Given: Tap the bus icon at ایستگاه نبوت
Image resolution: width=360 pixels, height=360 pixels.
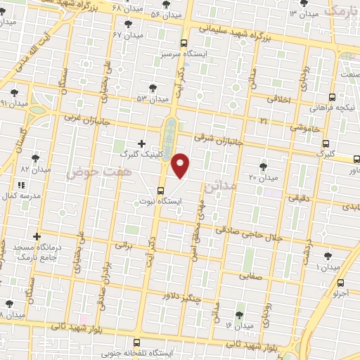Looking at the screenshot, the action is pyautogui.click(x=162, y=189).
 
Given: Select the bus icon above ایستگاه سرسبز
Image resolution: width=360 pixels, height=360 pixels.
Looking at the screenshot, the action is pyautogui.click(x=184, y=42).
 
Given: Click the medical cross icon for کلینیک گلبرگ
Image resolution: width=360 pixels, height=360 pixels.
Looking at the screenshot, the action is pyautogui.click(x=142, y=143).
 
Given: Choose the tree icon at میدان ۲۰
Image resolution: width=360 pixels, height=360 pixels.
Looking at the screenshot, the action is pyautogui.click(x=263, y=167).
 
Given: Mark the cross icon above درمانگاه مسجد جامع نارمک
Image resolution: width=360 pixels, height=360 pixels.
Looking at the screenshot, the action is pyautogui.click(x=37, y=237).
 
